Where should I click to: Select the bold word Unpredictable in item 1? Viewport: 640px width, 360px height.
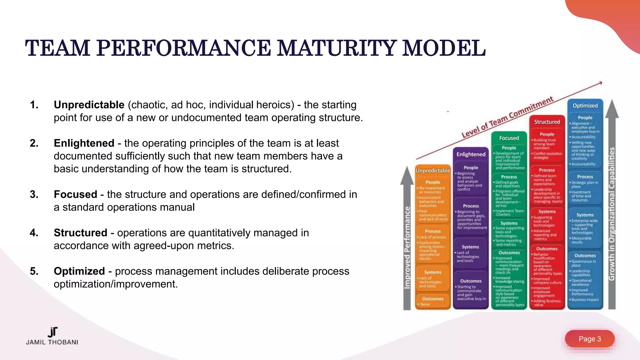click(x=89, y=105)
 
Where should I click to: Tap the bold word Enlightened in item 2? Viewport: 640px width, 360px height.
click(x=84, y=143)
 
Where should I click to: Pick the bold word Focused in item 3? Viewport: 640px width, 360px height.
click(x=75, y=194)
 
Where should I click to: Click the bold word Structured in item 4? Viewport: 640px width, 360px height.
click(x=80, y=233)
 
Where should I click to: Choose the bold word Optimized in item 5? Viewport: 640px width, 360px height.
click(x=79, y=271)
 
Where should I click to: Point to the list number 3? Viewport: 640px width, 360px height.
click(x=34, y=194)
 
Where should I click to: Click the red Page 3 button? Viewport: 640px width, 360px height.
click(x=589, y=339)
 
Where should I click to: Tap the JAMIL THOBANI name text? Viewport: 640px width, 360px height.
click(x=52, y=342)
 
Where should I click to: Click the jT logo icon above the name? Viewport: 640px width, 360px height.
click(x=53, y=332)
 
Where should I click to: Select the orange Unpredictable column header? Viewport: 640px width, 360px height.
click(x=433, y=171)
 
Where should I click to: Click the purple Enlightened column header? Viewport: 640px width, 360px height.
click(x=471, y=154)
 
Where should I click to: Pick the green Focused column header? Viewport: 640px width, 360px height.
click(x=509, y=138)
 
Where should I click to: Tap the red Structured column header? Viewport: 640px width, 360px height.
click(x=547, y=122)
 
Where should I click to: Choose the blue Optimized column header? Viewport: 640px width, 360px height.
click(x=585, y=106)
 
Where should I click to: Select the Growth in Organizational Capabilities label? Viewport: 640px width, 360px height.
click(x=612, y=214)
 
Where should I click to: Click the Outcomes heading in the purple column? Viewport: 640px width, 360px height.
click(x=471, y=281)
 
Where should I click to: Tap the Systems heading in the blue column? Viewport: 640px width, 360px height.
click(x=585, y=215)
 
